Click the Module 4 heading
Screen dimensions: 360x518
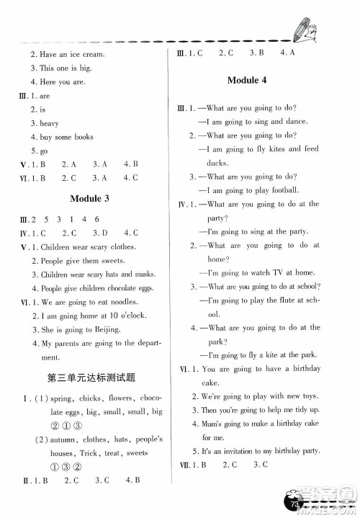[247, 80]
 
